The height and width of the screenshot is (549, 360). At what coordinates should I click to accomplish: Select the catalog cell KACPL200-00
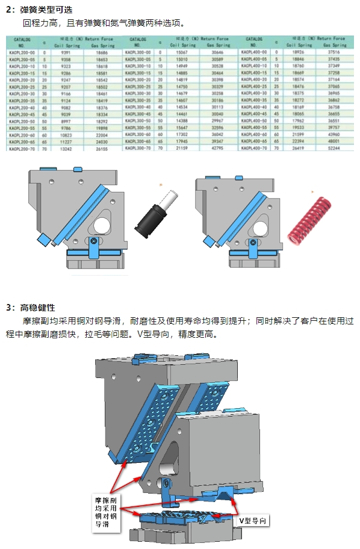[x=22, y=52]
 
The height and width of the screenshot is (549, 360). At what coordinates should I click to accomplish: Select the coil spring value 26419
[x=297, y=147]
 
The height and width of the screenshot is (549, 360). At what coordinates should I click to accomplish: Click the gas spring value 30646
[x=219, y=52]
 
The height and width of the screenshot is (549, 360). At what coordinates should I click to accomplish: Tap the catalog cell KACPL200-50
[x=22, y=120]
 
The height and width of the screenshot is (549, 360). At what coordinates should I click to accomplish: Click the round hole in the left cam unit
[x=102, y=226]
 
